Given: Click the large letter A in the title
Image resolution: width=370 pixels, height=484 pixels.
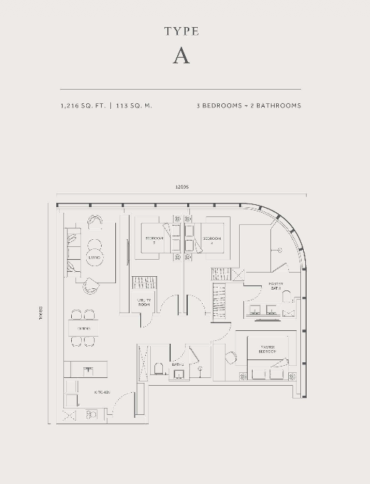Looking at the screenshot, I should pos(181,57).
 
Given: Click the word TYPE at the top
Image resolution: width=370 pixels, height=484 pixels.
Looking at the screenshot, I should pos(181,31).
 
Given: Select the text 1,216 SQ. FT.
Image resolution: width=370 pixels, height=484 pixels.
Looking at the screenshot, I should pos(83,105).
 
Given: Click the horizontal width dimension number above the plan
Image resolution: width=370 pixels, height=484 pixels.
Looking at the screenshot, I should pos(181,187).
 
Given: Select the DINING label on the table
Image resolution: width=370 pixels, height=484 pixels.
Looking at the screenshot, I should pos(83,328).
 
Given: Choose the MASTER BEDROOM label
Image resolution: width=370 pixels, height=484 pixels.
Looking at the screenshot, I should pos(267,349).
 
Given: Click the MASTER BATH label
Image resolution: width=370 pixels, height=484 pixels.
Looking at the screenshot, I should pos(276,286).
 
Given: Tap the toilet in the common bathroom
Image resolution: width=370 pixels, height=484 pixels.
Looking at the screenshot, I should pos(159,368).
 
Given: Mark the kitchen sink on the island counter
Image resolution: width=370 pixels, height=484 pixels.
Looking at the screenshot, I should pos(88,369).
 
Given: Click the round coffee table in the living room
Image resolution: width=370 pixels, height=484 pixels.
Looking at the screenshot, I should pos(95,257).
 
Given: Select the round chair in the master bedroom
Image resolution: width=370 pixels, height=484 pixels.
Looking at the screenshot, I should pos(230,358).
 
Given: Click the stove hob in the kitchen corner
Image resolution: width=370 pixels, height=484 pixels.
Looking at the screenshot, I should pos(91,414).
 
